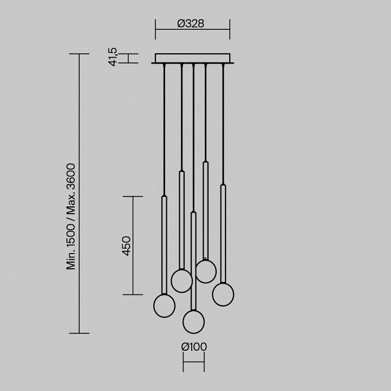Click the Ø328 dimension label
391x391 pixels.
[x=191, y=23]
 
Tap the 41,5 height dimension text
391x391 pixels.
[x=113, y=57]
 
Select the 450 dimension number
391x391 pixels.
[x=127, y=246]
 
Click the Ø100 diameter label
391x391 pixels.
[x=194, y=346]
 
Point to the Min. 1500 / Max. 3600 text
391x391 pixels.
[x=71, y=217]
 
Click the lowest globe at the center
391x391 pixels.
[x=193, y=321]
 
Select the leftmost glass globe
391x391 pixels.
[x=165, y=306]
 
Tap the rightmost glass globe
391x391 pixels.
[x=223, y=294]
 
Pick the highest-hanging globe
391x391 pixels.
[x=206, y=272]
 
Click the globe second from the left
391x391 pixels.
[x=181, y=281]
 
